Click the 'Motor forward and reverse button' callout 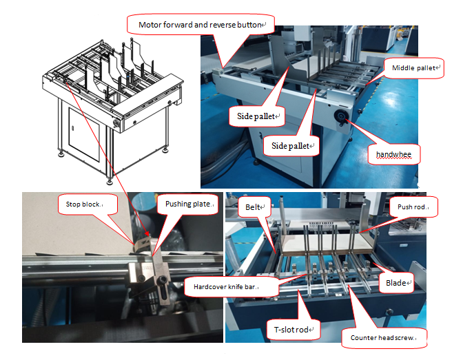(201, 25)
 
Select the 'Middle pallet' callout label (414, 68)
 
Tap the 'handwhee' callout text (393, 154)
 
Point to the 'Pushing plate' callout (188, 204)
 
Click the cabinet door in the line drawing (84, 134)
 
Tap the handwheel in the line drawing (116, 123)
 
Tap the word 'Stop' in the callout (72, 204)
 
